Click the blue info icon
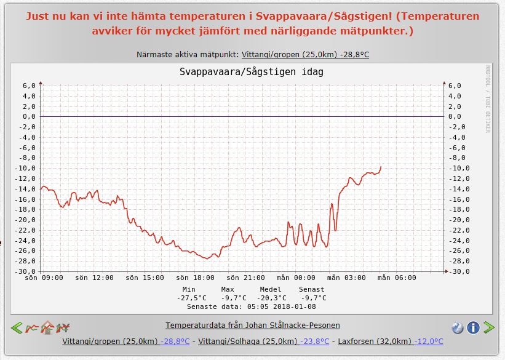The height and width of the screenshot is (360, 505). click(473, 327)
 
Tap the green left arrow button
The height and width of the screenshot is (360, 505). click(17, 328)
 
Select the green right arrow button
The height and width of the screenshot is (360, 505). click(489, 327)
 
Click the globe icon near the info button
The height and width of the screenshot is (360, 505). click(458, 327)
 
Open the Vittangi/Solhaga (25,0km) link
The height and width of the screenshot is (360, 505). click(257, 342)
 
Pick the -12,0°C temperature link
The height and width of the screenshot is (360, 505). click(429, 342)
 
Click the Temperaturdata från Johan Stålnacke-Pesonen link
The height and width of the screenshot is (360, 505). click(252, 325)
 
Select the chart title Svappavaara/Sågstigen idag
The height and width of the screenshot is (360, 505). click(251, 72)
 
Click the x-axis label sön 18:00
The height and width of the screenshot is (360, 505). click(194, 278)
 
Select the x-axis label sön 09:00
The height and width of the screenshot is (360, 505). click(44, 278)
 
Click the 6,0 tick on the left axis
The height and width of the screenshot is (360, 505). click(29, 86)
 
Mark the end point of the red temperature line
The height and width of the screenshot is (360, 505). click(381, 166)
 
